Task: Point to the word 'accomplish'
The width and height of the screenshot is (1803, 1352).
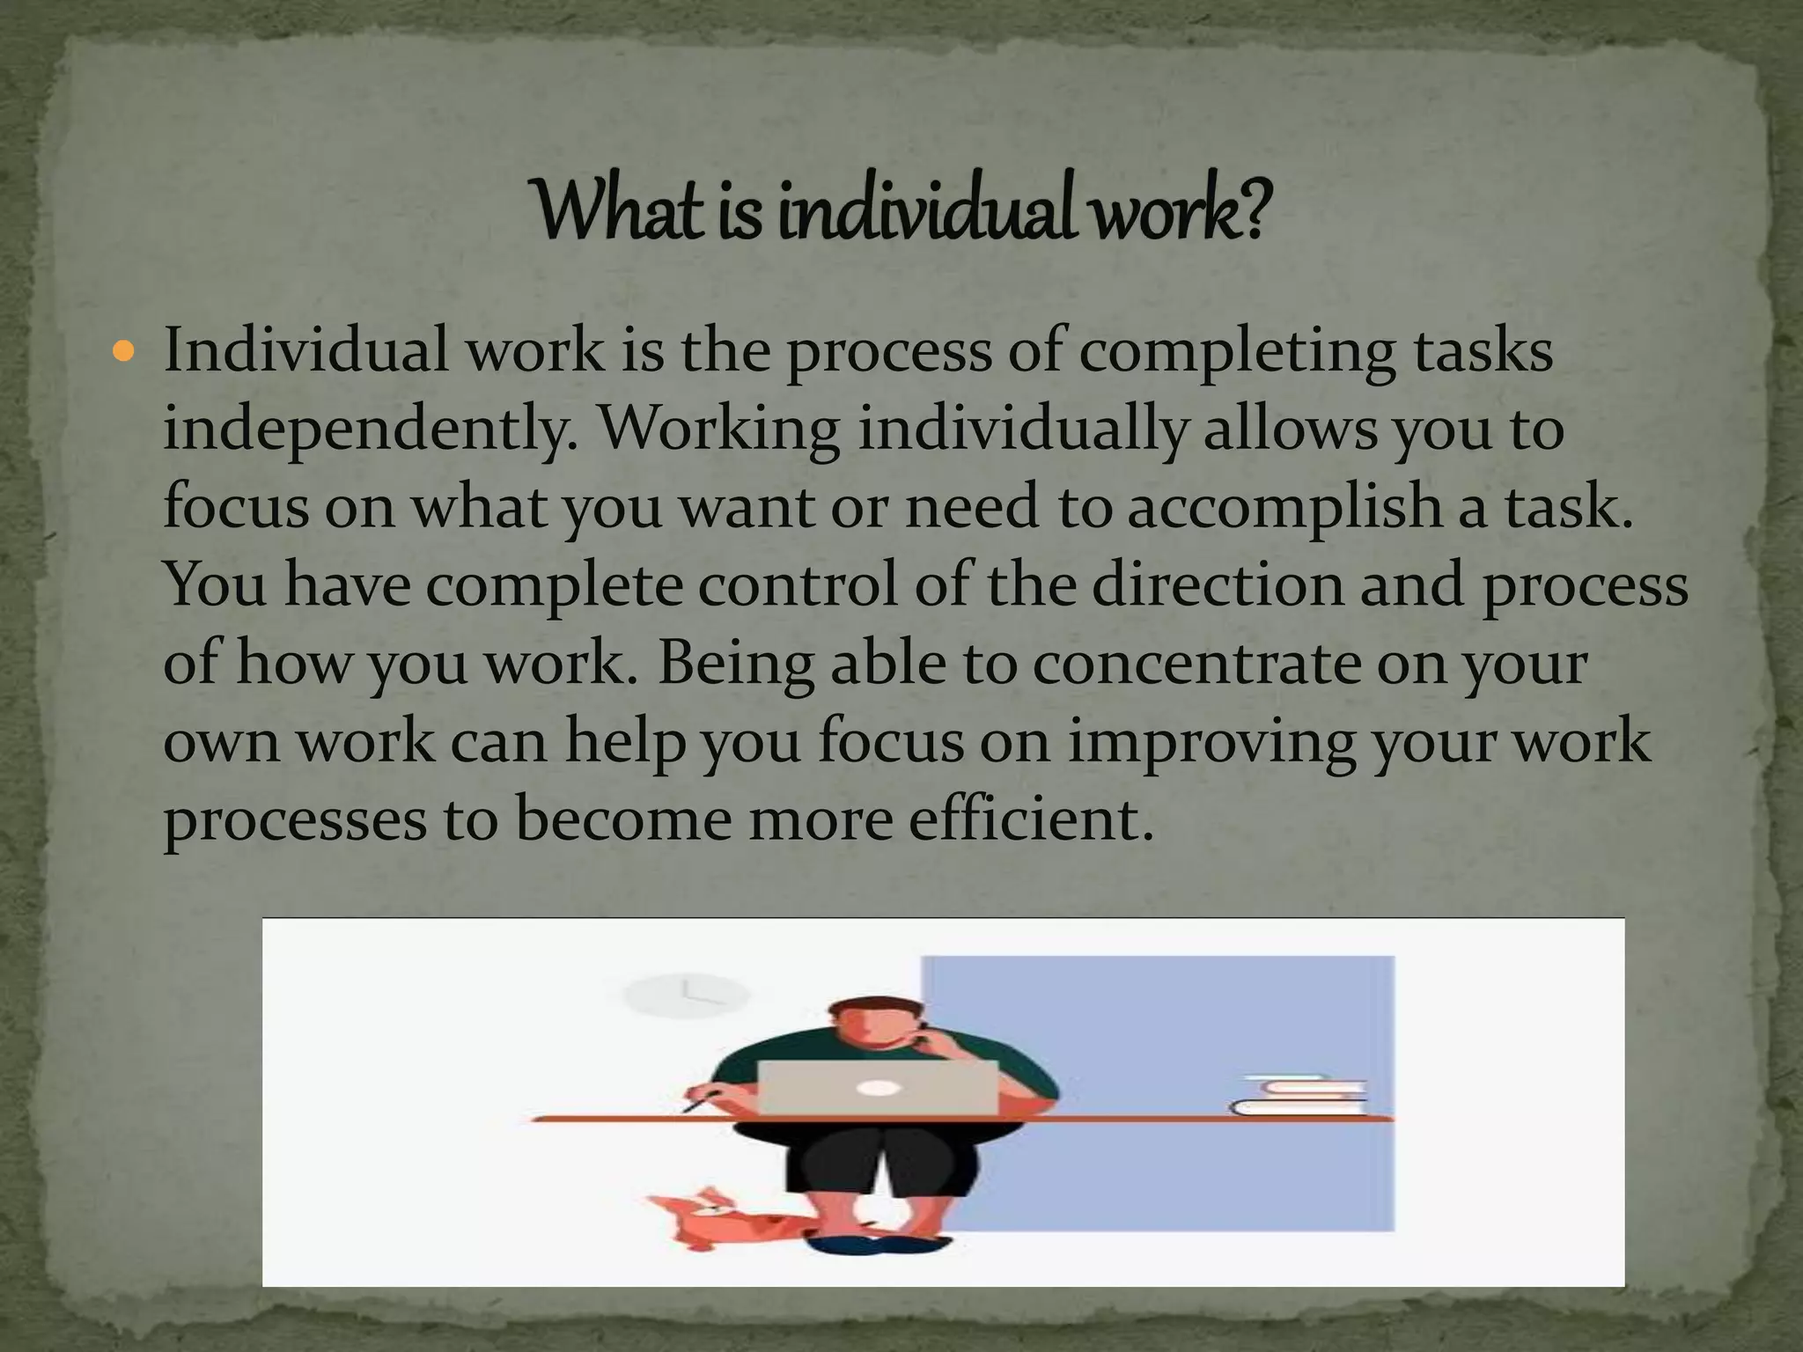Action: tap(1284, 509)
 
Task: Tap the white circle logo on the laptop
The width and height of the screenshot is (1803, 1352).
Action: tap(877, 1088)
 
